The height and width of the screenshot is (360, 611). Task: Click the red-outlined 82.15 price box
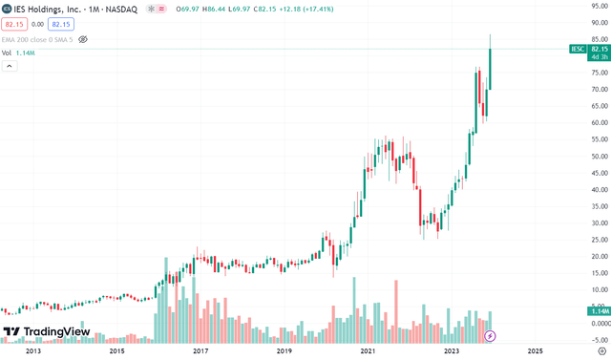point(14,23)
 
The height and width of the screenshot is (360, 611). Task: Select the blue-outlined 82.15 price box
point(61,23)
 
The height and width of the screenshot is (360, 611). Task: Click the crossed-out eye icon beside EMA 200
point(83,39)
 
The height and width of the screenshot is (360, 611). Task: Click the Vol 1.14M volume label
point(19,53)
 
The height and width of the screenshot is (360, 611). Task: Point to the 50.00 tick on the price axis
point(599,157)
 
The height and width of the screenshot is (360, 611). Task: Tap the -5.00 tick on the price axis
point(599,340)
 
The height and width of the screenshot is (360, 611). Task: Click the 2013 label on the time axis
point(33,351)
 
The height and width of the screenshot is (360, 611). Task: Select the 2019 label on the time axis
point(284,351)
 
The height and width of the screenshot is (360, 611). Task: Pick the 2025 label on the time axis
point(534,351)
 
